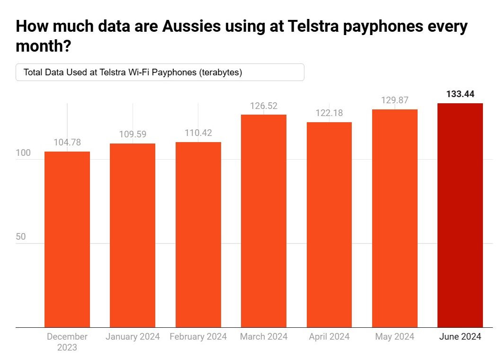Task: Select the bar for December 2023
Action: tap(67, 239)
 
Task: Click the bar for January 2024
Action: tap(133, 235)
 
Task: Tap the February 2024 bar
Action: tap(198, 234)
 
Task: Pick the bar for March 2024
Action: tap(264, 221)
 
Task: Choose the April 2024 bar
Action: tap(329, 225)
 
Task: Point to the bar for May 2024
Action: tap(395, 218)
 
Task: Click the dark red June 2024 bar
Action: tap(460, 215)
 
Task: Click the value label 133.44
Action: tap(460, 94)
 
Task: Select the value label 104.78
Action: tap(67, 142)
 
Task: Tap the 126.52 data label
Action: tap(264, 106)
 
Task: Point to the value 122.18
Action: tap(329, 113)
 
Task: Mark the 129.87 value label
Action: tap(395, 100)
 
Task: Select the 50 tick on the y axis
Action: tap(21, 237)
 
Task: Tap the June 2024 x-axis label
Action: tap(460, 337)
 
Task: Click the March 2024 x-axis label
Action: tap(264, 337)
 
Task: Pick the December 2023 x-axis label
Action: tap(67, 342)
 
